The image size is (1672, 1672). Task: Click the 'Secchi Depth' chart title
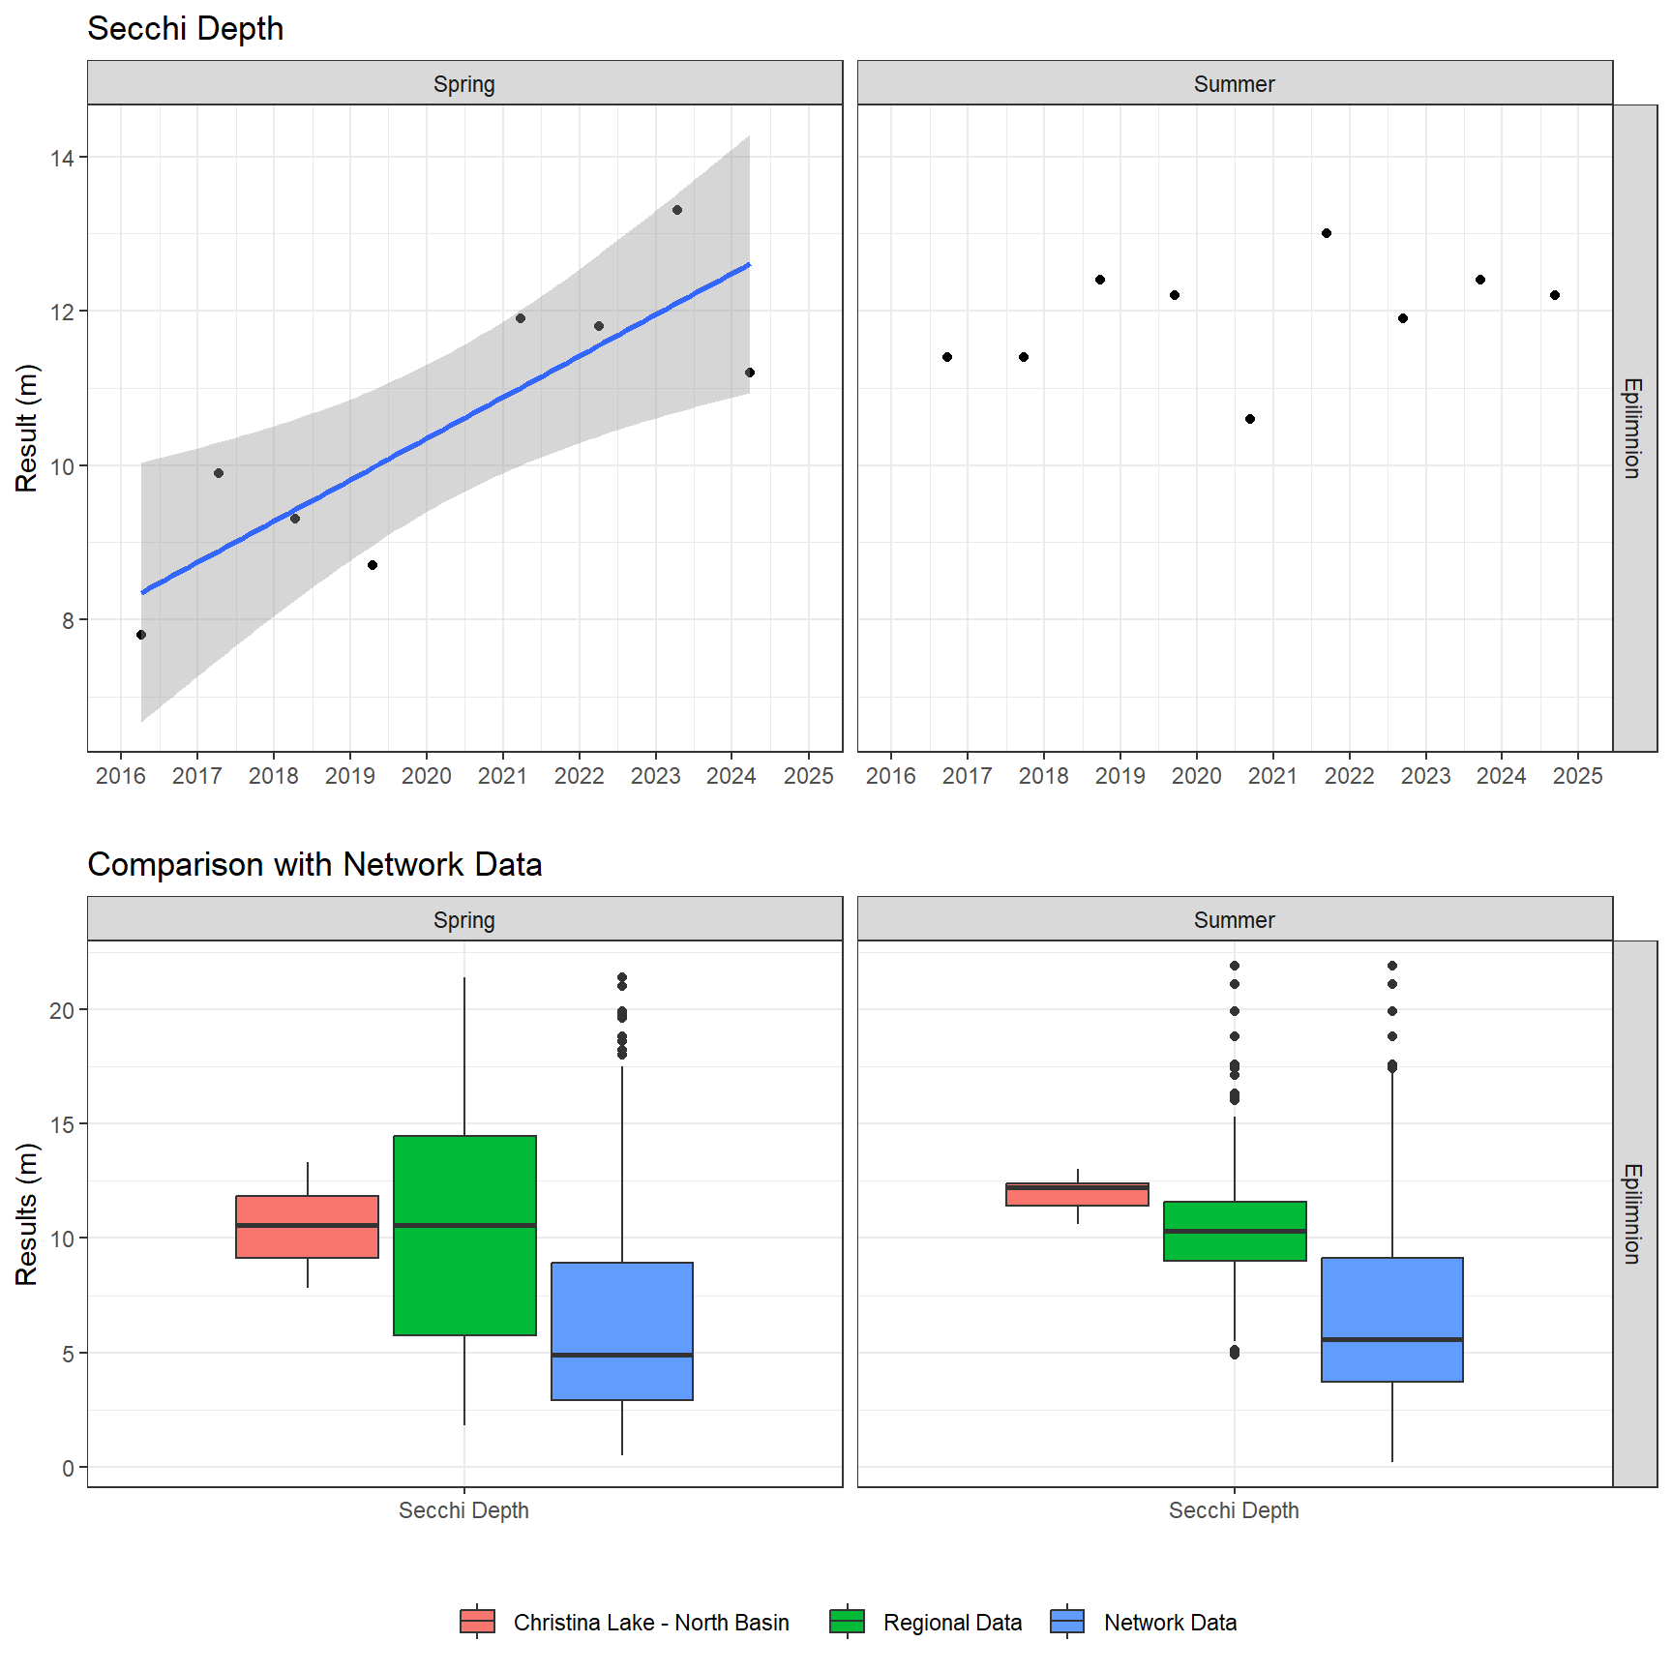[x=185, y=29]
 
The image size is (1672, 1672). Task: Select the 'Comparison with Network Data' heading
[x=314, y=864]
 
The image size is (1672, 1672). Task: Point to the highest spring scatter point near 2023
[x=677, y=210]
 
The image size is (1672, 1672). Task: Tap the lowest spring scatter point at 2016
[x=141, y=635]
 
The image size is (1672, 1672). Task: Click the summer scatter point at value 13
[x=1327, y=233]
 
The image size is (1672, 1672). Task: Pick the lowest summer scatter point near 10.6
[x=1250, y=419]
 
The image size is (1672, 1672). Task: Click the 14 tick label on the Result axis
[x=62, y=158]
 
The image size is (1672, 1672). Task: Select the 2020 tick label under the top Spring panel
[x=426, y=776]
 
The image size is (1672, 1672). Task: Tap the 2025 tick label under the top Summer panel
[x=1577, y=776]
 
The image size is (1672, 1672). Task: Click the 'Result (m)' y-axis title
[x=26, y=428]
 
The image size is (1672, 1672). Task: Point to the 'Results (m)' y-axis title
[x=26, y=1213]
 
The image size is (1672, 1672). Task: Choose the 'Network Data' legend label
[x=1170, y=1623]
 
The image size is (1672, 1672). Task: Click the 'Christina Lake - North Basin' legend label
[x=651, y=1623]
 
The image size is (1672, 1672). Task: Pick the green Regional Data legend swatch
[x=847, y=1622]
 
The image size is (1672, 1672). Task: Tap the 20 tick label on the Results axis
[x=62, y=1010]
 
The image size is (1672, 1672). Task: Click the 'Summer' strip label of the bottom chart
[x=1234, y=920]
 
